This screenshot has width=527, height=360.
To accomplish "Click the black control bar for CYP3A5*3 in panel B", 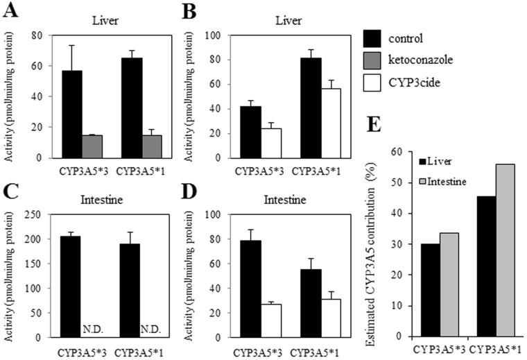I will pyautogui.click(x=241, y=132).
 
